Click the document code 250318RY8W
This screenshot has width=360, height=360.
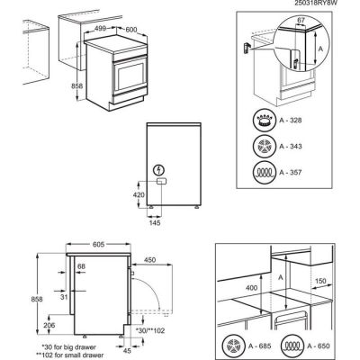pos(320,4)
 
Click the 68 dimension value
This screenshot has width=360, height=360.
pos(81,266)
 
